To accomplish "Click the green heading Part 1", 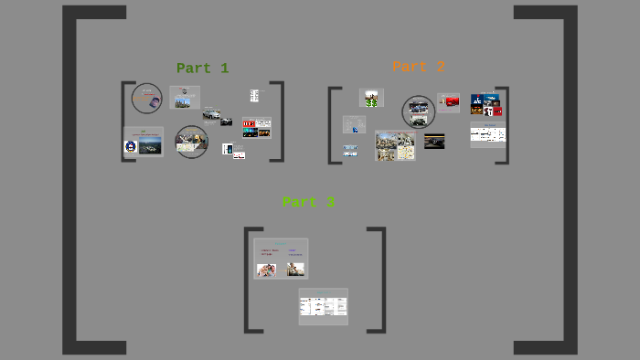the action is point(202,68).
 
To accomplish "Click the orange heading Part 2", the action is point(419,67).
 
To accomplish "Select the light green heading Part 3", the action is point(308,202).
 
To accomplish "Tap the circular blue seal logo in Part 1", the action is point(131,145).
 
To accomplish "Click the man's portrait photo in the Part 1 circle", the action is point(146,97).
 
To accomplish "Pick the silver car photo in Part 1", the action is point(212,114).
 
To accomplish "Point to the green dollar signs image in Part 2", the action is point(371,98).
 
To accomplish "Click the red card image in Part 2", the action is point(449,102).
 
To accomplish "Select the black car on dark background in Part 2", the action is point(434,142).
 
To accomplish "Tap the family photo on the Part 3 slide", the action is point(268,269).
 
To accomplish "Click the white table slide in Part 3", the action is point(323,306).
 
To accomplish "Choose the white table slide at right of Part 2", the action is point(487,135).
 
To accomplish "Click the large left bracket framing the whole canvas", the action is point(69,180).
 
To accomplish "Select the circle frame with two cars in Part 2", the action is point(419,111).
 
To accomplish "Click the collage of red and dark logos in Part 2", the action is point(486,104).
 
